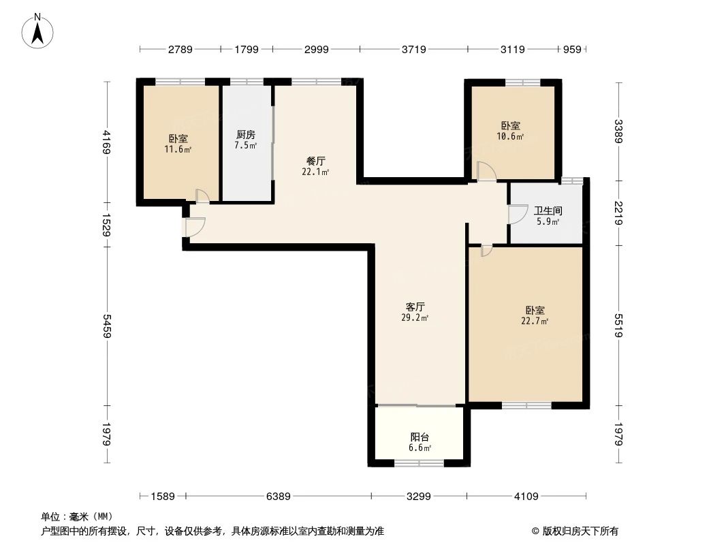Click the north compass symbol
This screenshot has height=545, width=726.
39,30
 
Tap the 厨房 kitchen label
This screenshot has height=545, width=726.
246,135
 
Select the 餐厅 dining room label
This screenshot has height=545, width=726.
315,161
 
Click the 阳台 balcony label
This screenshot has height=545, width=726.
420,437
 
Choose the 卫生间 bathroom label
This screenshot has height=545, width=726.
546,211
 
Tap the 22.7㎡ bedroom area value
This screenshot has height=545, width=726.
535,321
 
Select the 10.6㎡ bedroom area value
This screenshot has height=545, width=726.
510,136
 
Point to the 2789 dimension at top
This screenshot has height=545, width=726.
180,49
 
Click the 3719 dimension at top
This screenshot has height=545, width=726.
413,49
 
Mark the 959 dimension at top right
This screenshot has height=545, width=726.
571,49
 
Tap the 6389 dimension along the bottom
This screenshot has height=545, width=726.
279,497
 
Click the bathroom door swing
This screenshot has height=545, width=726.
516,214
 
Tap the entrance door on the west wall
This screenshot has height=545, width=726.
193,228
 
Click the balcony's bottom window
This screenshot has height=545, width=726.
418,463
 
